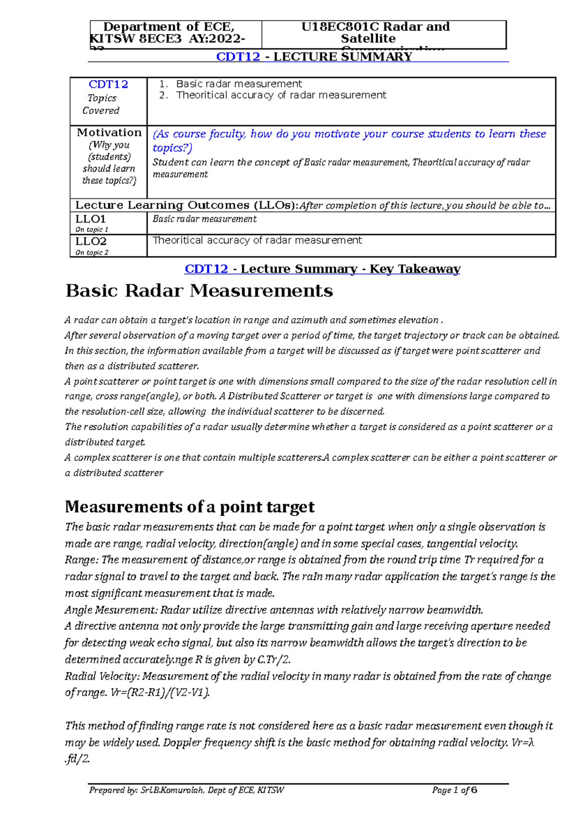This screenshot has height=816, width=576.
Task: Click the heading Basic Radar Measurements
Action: (x=199, y=291)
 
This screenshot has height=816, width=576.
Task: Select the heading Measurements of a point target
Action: (x=190, y=507)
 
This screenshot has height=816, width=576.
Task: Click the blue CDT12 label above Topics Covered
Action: (x=108, y=85)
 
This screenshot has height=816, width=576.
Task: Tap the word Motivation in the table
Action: (x=109, y=133)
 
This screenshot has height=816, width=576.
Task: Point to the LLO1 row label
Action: (x=90, y=220)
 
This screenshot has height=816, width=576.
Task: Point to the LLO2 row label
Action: (x=91, y=242)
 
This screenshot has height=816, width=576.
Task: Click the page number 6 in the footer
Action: (x=474, y=790)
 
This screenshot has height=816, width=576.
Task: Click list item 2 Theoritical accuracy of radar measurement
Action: (x=281, y=95)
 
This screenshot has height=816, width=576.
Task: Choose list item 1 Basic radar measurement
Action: (x=239, y=84)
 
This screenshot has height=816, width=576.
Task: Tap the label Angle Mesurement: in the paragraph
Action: (x=111, y=610)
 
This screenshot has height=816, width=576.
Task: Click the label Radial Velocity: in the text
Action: (x=102, y=677)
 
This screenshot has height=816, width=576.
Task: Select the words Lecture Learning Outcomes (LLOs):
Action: (x=187, y=206)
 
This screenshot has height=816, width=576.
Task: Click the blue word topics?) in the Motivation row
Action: (x=172, y=148)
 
